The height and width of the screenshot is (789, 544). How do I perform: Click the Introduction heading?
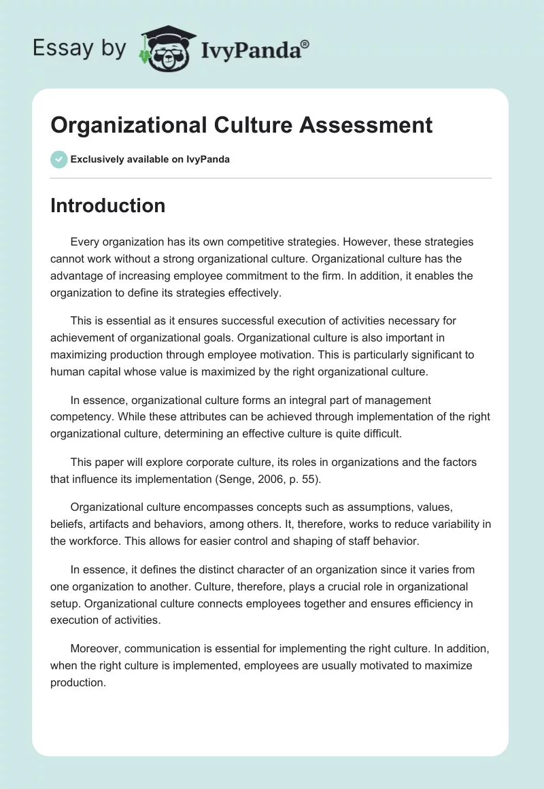[107, 205]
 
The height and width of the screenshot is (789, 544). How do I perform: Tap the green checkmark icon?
[58, 159]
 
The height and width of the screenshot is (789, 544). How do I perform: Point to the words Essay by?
[79, 48]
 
